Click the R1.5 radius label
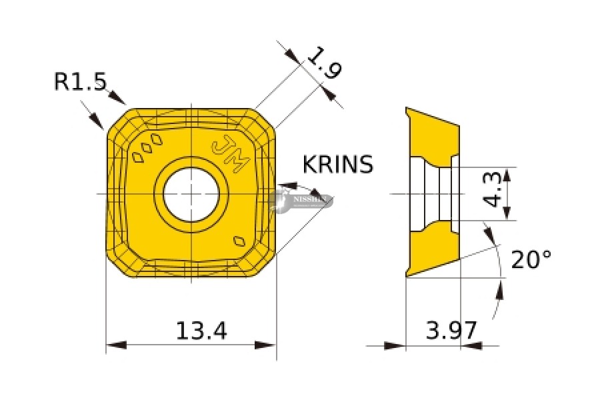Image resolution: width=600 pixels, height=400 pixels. pyautogui.click(x=80, y=81)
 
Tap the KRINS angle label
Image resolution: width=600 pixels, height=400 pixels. pyautogui.click(x=338, y=164)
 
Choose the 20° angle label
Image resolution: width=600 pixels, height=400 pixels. pyautogui.click(x=531, y=259)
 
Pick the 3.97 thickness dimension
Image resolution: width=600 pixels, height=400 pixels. pyautogui.click(x=451, y=330)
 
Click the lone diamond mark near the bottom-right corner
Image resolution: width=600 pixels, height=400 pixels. pyautogui.click(x=239, y=241)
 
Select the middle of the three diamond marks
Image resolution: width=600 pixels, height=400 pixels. pyautogui.click(x=148, y=148)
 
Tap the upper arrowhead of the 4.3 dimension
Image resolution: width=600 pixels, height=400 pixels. pyautogui.click(x=507, y=175)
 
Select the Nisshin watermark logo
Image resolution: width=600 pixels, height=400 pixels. pyautogui.click(x=303, y=199)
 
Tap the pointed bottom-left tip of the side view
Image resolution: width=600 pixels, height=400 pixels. pyautogui.click(x=407, y=274)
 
